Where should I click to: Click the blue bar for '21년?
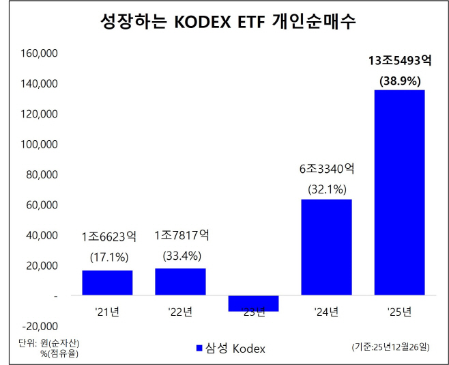[x=107, y=283]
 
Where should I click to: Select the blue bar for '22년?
[x=180, y=282]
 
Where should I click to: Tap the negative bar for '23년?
[x=253, y=303]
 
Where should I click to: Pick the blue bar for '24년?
[x=326, y=247]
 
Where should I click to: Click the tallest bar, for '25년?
[x=399, y=193]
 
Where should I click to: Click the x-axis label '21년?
[x=107, y=312]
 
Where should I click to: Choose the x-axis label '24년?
[x=326, y=312]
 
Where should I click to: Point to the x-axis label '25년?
[x=399, y=312]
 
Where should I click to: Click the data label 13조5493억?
[x=399, y=61]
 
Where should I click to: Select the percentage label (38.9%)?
[x=399, y=80]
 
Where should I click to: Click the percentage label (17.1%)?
[x=107, y=257]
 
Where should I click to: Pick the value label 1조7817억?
[x=180, y=236]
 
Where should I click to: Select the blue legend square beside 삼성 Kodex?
[x=199, y=348]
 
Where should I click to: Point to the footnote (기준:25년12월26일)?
[x=390, y=348]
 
